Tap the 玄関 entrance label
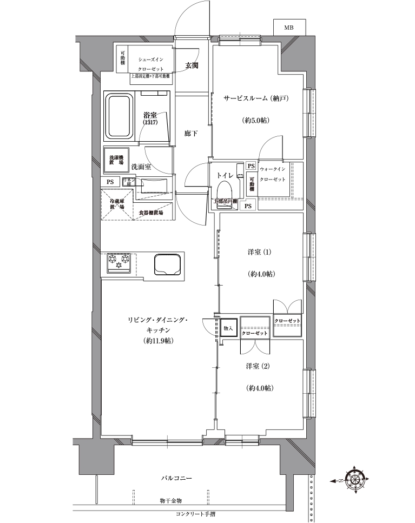coord(192,65)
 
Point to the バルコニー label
coord(177,479)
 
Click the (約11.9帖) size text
coord(159,341)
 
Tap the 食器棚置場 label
coord(152,213)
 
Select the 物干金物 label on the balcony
coord(170,501)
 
